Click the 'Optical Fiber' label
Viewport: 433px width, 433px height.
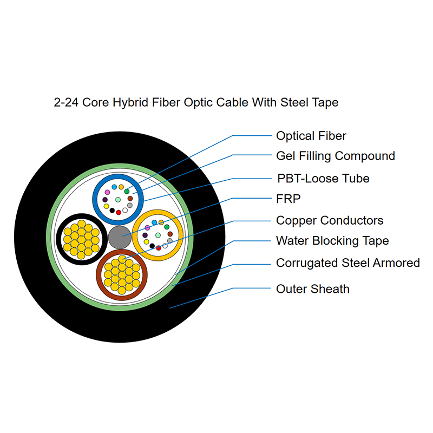pyautogui.click(x=311, y=136)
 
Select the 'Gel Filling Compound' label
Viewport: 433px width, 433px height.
pyautogui.click(x=335, y=156)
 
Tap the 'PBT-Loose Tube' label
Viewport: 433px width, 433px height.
pyautogui.click(x=323, y=178)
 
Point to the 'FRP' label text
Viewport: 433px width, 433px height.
pyautogui.click(x=288, y=199)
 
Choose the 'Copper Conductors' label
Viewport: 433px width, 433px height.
pyautogui.click(x=329, y=220)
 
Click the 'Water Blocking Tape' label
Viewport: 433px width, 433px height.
pyautogui.click(x=332, y=241)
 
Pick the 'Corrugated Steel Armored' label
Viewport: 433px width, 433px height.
pyautogui.click(x=347, y=263)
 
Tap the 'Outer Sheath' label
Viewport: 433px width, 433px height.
pyautogui.click(x=312, y=289)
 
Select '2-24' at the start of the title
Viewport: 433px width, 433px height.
pyautogui.click(x=66, y=102)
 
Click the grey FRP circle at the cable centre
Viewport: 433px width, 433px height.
pyautogui.click(x=119, y=237)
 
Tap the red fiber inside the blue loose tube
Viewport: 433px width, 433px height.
pyautogui.click(x=119, y=212)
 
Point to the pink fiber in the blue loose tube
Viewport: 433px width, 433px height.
pyautogui.click(x=107, y=192)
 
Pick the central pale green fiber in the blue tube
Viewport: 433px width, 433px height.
pyautogui.click(x=118, y=199)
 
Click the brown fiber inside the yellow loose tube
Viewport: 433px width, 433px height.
pyautogui.click(x=170, y=234)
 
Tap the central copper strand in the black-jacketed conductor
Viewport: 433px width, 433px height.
pyautogui.click(x=81, y=237)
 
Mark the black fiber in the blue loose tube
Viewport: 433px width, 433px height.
pyautogui.click(x=112, y=211)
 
